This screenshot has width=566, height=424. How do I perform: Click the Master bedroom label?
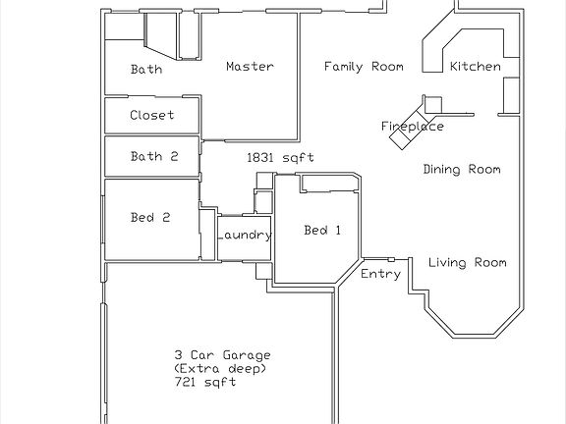(250, 67)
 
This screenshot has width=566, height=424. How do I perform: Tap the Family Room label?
(365, 67)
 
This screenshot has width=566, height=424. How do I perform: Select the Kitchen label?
(475, 67)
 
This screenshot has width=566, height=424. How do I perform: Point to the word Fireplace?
(413, 127)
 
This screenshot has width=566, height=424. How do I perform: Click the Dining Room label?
(461, 170)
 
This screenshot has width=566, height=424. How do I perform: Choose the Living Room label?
(467, 262)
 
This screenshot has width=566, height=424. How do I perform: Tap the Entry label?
(380, 274)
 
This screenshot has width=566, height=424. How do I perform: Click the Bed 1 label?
(322, 231)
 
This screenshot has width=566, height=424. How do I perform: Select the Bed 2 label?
(150, 218)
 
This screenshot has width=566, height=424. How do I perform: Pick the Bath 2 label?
(153, 156)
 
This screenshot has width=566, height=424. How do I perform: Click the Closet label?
(151, 115)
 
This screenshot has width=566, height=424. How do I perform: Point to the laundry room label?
(245, 236)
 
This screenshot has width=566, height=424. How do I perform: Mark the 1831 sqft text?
(273, 157)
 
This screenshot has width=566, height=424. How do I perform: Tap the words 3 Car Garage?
(222, 354)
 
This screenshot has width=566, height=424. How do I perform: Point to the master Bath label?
(146, 70)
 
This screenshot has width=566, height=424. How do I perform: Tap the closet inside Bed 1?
(328, 183)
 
